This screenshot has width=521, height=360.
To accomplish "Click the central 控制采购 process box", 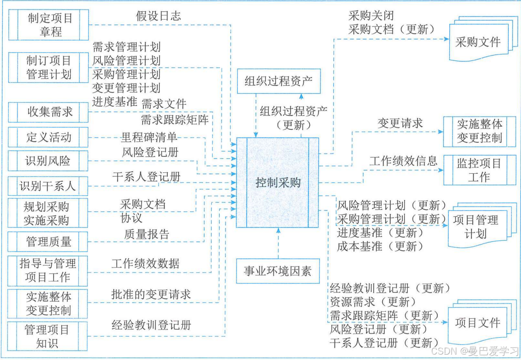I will click(x=278, y=183).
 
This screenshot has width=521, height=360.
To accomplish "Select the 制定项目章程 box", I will click(x=48, y=25).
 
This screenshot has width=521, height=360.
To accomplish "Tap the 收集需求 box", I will click(x=48, y=112).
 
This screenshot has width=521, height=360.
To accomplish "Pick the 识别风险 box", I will click(x=48, y=160).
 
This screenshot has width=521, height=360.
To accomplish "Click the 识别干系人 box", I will click(x=48, y=185).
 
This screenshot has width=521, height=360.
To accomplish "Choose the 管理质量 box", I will click(x=48, y=242).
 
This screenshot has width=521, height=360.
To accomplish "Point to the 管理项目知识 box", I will click(x=48, y=337).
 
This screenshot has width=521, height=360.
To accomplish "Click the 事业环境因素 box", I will click(x=278, y=271).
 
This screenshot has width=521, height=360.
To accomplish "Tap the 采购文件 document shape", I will click(x=478, y=42).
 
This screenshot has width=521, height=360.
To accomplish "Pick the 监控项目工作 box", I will click(x=479, y=170).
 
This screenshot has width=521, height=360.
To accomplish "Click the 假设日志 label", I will click(x=158, y=16).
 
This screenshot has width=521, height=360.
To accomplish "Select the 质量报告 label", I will click(x=146, y=233).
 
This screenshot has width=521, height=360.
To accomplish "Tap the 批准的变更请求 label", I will click(x=151, y=294).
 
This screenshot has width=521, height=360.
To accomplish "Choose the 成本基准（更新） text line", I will click(x=377, y=246).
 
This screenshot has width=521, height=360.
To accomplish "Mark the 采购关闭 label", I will click(x=371, y=16).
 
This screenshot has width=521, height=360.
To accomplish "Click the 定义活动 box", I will click(x=48, y=137).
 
